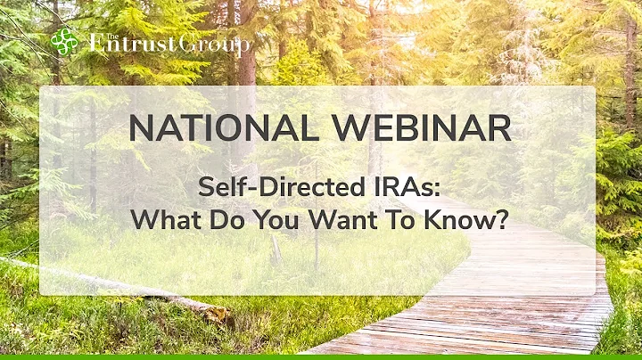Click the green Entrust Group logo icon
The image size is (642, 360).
pyautogui.click(x=64, y=41)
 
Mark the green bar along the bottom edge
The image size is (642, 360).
pyautogui.click(x=321, y=356)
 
